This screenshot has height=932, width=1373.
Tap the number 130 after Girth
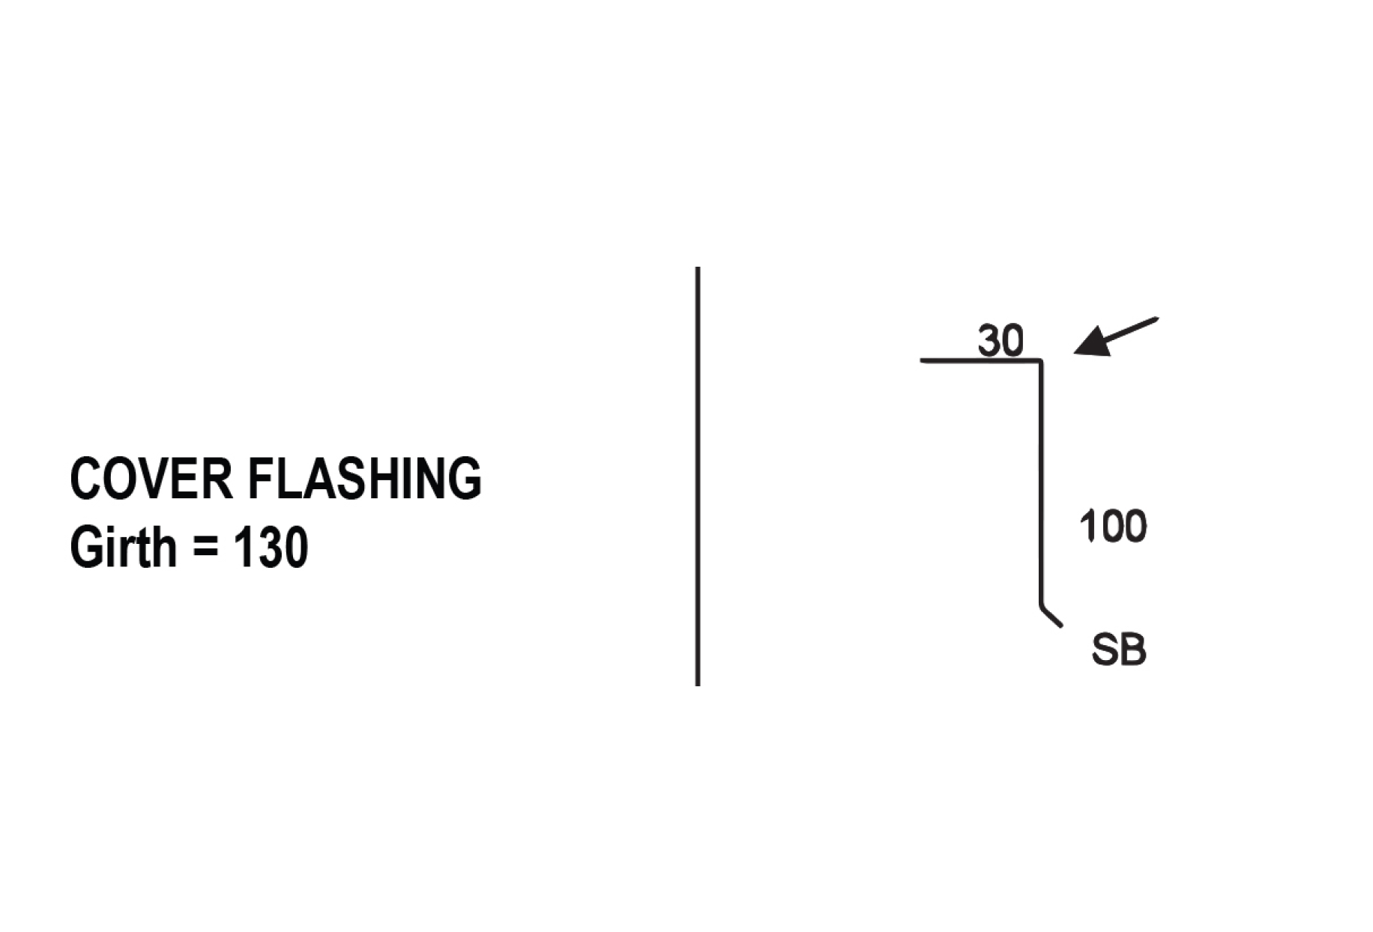[271, 547]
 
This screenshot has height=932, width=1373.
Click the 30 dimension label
[1001, 341]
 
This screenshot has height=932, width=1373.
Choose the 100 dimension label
[1113, 526]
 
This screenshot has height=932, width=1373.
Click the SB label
[1119, 650]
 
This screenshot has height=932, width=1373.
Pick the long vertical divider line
[698, 476]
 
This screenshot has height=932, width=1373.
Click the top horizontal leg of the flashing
[981, 361]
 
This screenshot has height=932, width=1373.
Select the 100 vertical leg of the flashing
[1041, 482]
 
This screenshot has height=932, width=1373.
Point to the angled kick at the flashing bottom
[1051, 615]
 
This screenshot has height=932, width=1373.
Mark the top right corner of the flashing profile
[1041, 361]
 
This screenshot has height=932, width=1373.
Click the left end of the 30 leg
[922, 361]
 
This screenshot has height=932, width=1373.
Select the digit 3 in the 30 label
[989, 341]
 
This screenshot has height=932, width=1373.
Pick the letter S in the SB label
[1105, 650]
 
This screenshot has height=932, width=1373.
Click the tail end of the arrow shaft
[1158, 318]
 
